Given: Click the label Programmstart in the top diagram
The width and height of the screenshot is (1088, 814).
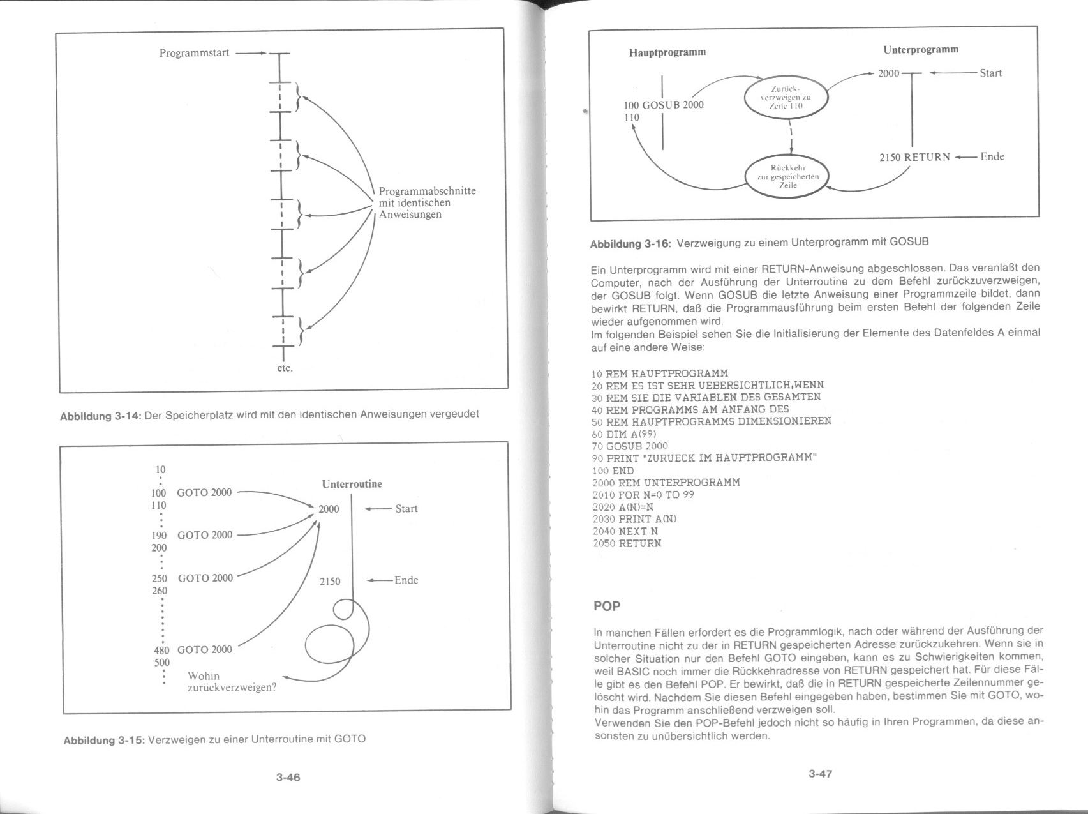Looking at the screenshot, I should tap(194, 53).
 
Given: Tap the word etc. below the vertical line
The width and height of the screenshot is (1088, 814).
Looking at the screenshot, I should tap(284, 368).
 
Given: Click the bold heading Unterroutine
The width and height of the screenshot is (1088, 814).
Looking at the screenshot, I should tap(352, 484).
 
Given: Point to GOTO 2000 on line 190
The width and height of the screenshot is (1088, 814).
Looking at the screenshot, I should tap(205, 535).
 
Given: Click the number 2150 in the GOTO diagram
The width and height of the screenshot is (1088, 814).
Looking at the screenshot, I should tap(330, 582).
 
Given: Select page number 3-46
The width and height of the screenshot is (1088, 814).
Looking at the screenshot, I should tap(288, 778).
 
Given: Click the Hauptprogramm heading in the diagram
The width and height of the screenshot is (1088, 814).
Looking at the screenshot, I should tap(667, 52).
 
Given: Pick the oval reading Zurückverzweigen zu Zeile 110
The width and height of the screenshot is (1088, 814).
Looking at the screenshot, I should tap(786, 98).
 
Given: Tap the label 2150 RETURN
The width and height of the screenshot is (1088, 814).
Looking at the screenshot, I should tap(914, 157).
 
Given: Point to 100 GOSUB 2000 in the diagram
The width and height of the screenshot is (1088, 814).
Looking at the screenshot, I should tap(664, 105).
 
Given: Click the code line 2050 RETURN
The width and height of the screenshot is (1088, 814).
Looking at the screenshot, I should tap(627, 543).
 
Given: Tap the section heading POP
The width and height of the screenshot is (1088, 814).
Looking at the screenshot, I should tap(607, 606).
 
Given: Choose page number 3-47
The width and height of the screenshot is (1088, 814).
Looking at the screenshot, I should tap(820, 774).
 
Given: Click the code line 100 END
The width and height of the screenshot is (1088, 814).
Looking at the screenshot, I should tap(613, 471).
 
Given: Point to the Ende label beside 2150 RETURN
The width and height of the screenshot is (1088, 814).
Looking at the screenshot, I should tap(992, 156).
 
